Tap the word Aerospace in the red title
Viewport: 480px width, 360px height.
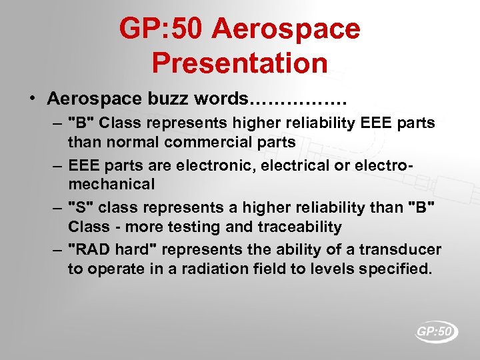(287, 29)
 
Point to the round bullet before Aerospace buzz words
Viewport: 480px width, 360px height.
(33, 99)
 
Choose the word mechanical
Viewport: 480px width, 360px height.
(111, 183)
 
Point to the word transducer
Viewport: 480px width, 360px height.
(401, 250)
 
